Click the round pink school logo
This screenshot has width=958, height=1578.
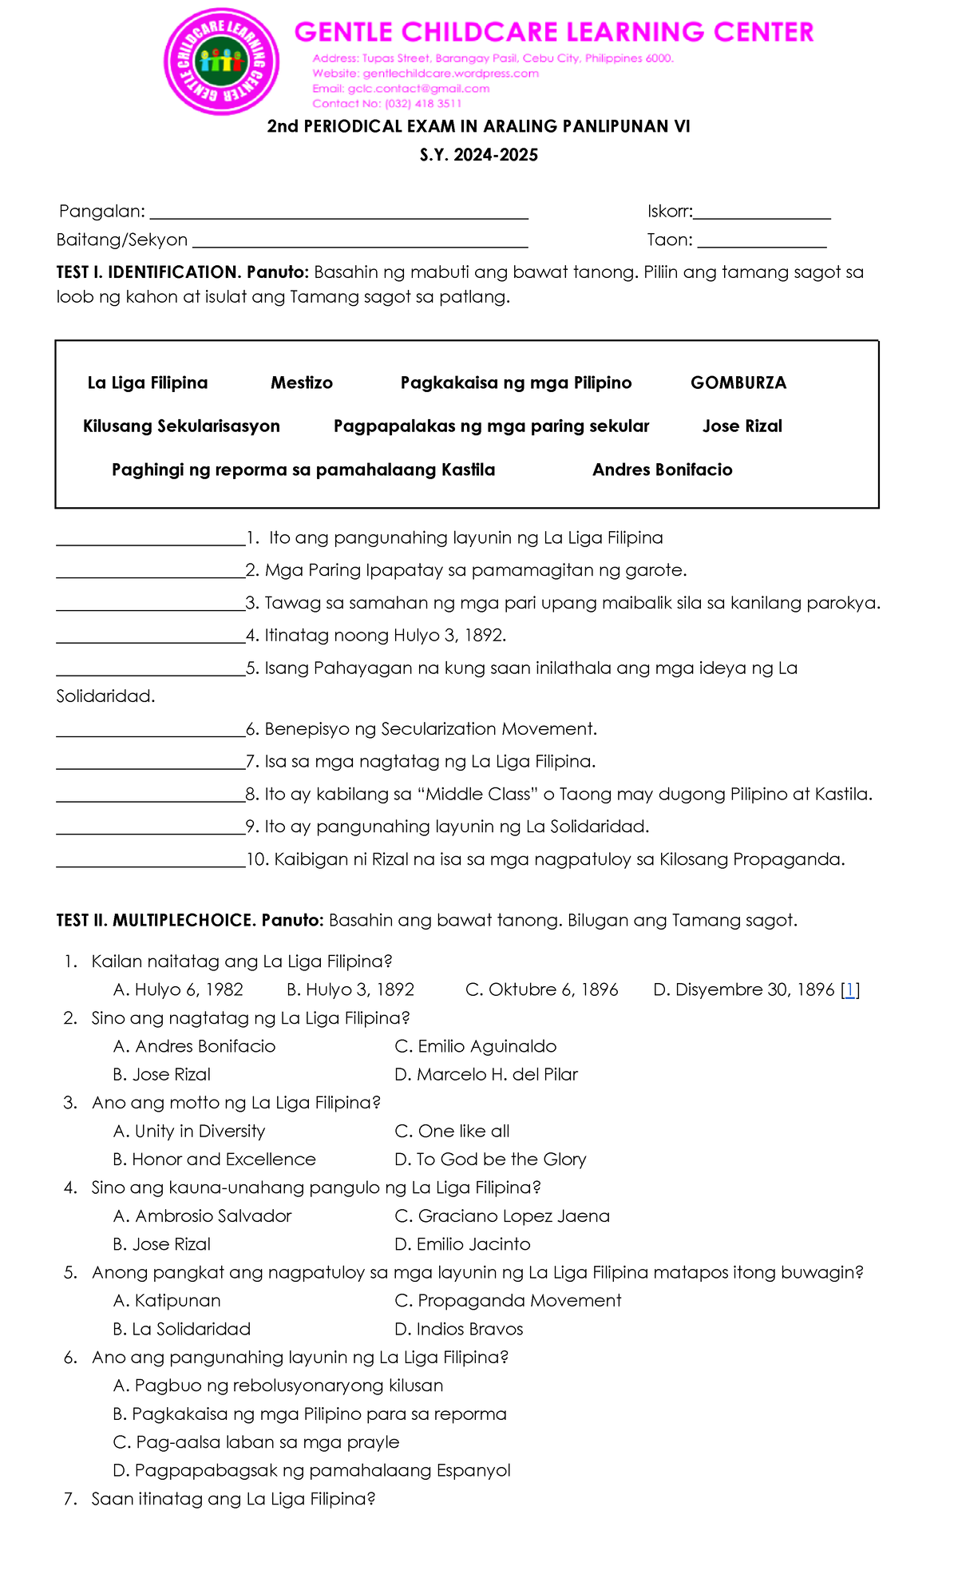[221, 61]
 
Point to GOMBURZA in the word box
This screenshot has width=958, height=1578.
[738, 383]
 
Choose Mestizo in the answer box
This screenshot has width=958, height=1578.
[302, 383]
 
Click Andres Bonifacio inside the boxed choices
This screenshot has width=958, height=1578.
[662, 470]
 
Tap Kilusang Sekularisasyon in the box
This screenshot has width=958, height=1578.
[181, 426]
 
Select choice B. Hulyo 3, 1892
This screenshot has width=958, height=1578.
[350, 990]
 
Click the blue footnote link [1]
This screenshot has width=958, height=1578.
[850, 990]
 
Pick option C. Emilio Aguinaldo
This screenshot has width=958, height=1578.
[476, 1047]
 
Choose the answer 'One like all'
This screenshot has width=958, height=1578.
[453, 1132]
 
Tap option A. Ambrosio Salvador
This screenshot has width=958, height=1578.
[203, 1216]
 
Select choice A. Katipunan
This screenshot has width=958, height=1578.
[167, 1301]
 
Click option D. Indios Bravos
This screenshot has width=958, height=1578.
[459, 1330]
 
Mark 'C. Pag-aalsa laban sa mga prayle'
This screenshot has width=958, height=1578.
[256, 1442]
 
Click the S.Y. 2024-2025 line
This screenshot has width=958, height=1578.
[479, 155]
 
